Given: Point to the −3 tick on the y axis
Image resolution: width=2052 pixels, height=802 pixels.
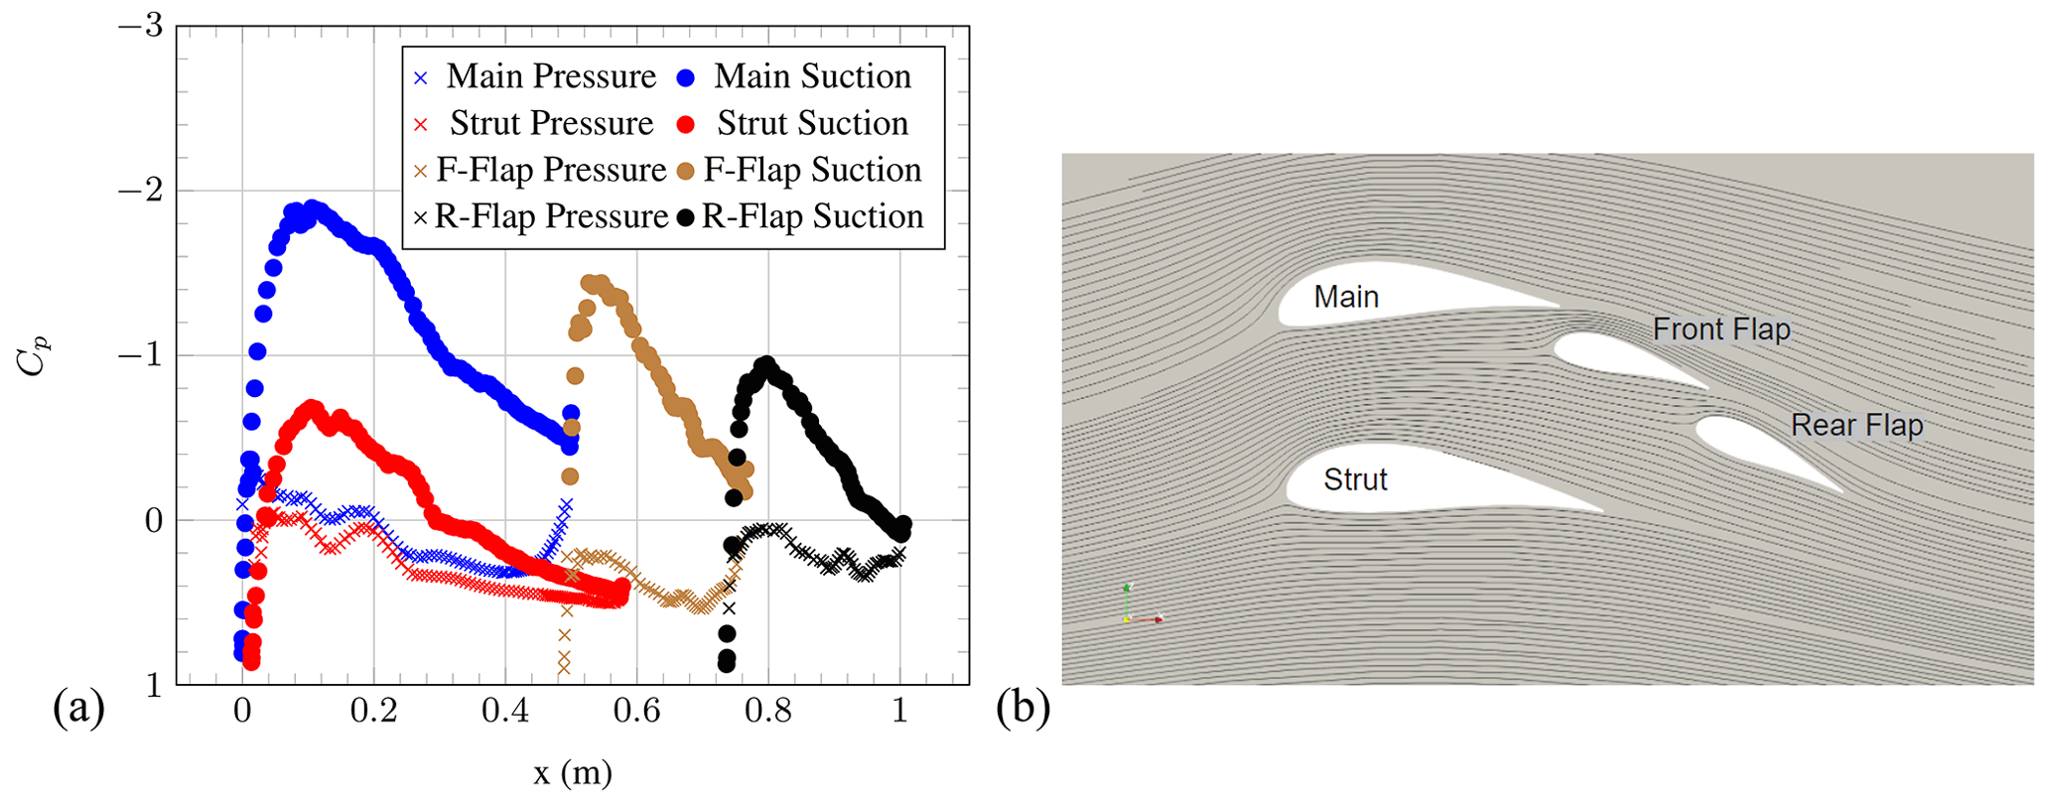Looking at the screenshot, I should point(140,26).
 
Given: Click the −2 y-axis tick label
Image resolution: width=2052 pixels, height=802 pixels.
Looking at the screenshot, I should point(140,191).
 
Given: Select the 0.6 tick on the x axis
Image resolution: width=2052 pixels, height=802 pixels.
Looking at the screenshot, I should point(636,712).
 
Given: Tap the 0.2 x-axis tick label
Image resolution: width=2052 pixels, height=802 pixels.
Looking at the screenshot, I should point(373,712).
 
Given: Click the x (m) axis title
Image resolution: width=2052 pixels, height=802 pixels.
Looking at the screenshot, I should point(572,773).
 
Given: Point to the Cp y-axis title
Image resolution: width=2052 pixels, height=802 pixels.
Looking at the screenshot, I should point(32,355).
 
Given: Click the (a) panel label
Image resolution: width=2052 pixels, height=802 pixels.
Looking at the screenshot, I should point(78,711).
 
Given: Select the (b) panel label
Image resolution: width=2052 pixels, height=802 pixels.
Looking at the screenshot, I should point(1023,711).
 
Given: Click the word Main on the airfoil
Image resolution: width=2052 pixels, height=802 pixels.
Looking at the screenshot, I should point(1346,297).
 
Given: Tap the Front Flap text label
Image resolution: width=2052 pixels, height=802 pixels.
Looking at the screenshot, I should point(1720,330).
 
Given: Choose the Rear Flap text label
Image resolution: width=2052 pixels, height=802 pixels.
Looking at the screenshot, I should point(1856,426).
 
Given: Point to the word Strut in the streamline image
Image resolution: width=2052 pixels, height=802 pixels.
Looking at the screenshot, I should point(1355,480).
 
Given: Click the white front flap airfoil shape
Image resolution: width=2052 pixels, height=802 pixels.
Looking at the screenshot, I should point(1608,357).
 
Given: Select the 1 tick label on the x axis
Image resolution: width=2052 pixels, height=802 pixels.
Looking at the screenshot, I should point(900,712).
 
